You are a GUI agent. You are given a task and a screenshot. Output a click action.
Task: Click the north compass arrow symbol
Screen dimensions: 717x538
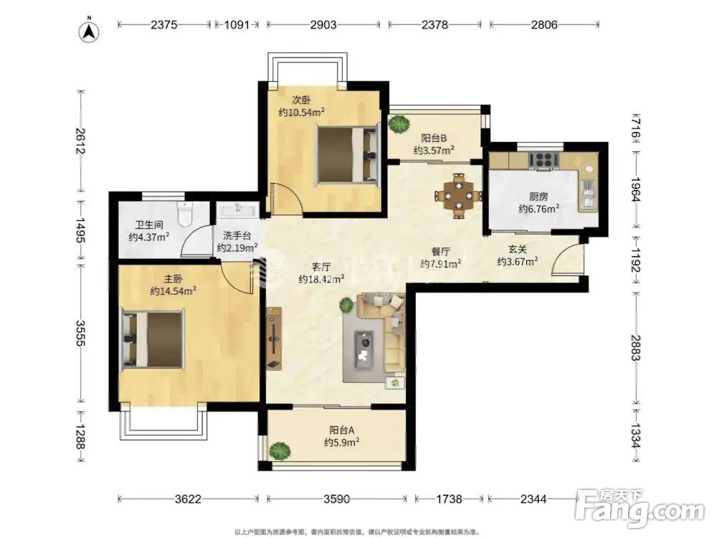click(x=90, y=31)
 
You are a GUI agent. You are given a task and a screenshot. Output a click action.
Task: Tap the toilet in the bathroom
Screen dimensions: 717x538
click(x=185, y=214)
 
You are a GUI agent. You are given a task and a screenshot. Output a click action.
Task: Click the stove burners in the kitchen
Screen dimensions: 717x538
click(x=544, y=160)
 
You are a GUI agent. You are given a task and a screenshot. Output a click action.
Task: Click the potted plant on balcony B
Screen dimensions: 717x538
click(x=399, y=124)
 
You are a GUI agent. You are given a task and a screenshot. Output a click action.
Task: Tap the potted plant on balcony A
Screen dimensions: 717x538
click(x=280, y=451)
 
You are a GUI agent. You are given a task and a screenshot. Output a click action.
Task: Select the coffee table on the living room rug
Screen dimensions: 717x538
click(x=364, y=349)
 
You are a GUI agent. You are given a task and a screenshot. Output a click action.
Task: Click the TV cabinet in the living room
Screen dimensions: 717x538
click(x=275, y=338)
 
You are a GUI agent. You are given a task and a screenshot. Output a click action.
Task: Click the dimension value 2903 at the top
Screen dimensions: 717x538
click(x=323, y=24)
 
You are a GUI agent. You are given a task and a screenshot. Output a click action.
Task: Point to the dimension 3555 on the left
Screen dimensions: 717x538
click(x=80, y=333)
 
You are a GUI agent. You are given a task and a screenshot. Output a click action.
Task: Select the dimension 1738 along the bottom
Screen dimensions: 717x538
click(x=449, y=499)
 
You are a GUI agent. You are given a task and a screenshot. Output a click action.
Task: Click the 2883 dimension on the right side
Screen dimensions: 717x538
click(x=635, y=348)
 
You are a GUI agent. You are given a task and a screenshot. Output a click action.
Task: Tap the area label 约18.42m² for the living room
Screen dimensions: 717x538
click(x=321, y=279)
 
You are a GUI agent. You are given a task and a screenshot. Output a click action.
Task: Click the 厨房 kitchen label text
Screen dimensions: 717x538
click(x=538, y=197)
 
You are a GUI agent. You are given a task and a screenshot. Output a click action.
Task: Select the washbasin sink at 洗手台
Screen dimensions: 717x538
click(x=238, y=210)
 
